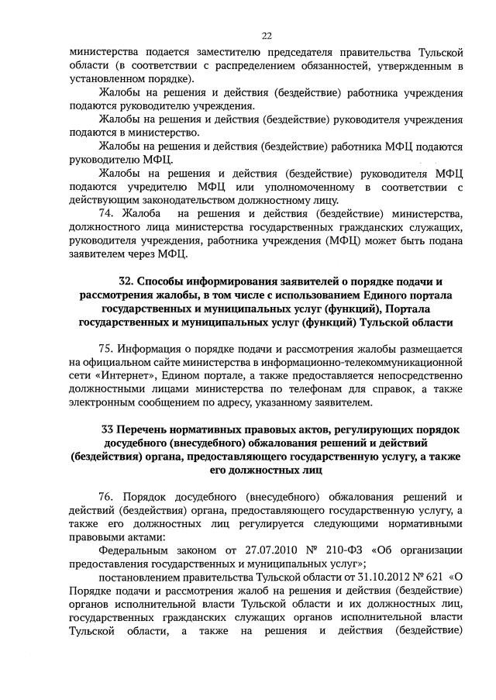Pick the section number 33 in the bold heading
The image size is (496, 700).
coord(109,429)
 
